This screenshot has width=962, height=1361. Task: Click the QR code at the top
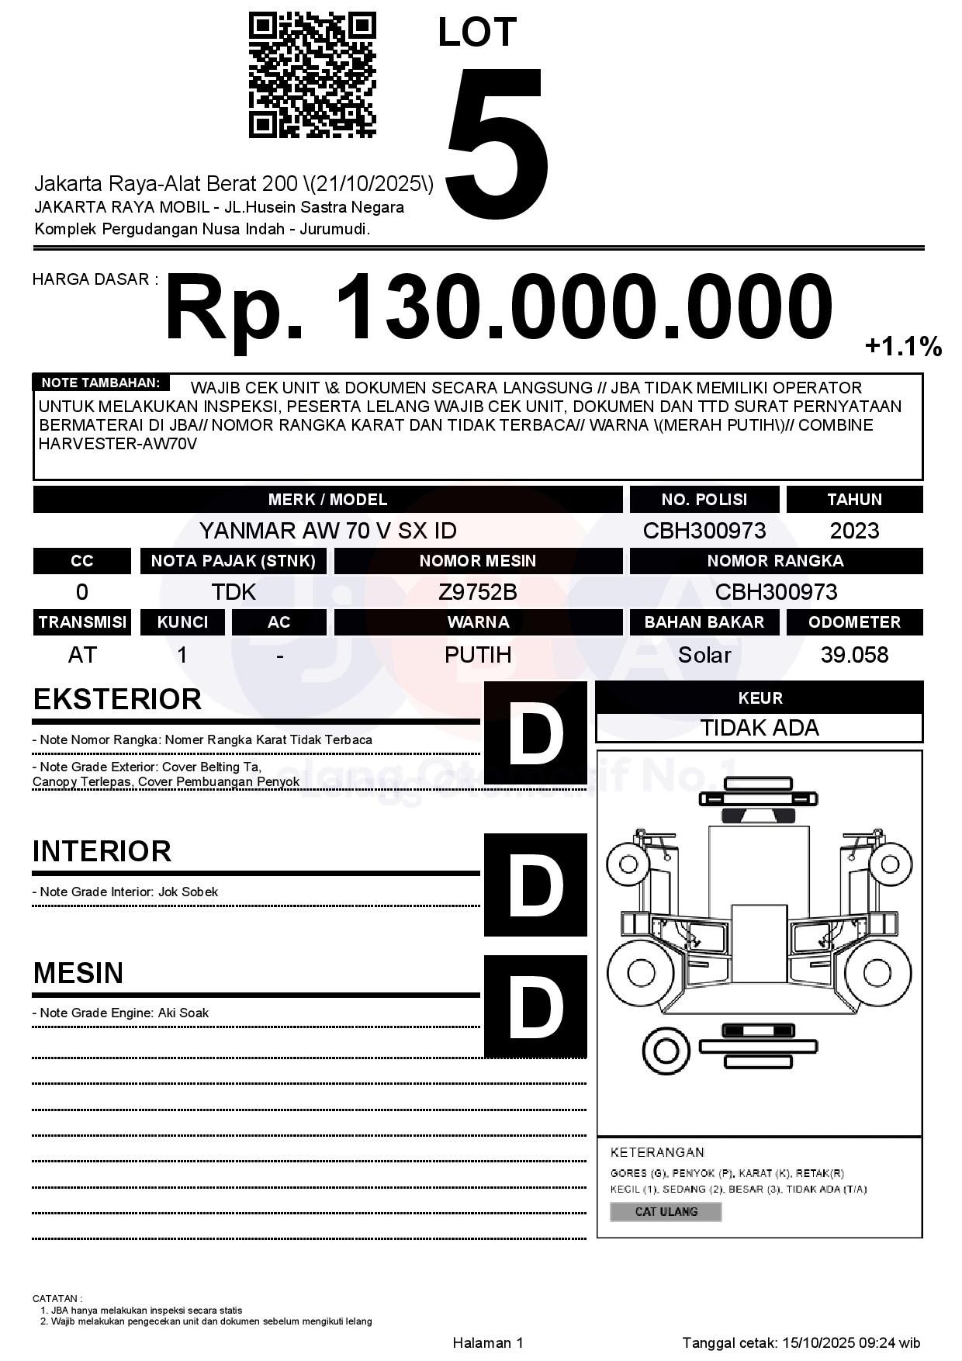(x=312, y=75)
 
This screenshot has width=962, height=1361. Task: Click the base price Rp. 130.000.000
(x=498, y=307)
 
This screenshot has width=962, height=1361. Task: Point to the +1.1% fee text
(x=903, y=347)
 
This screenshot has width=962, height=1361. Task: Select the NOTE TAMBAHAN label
(x=101, y=383)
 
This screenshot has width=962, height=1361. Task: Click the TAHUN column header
(x=854, y=500)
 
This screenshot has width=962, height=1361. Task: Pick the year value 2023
(x=854, y=531)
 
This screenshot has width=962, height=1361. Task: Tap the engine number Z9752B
(x=478, y=592)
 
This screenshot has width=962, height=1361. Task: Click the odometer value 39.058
(x=854, y=655)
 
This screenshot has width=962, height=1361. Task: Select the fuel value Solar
(x=704, y=655)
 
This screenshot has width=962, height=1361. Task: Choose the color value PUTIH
(x=478, y=655)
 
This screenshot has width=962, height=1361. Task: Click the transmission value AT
(x=82, y=655)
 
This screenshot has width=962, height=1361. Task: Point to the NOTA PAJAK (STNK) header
(x=233, y=561)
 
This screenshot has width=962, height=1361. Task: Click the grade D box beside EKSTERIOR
(x=535, y=732)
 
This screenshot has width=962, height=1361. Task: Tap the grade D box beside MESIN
(x=535, y=1006)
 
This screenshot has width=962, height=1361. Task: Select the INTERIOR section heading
(x=102, y=851)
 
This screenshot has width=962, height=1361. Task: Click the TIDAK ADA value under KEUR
(x=760, y=728)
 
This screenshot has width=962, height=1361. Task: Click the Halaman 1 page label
(x=488, y=1342)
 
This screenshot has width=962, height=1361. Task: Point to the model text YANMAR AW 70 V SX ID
(x=327, y=531)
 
